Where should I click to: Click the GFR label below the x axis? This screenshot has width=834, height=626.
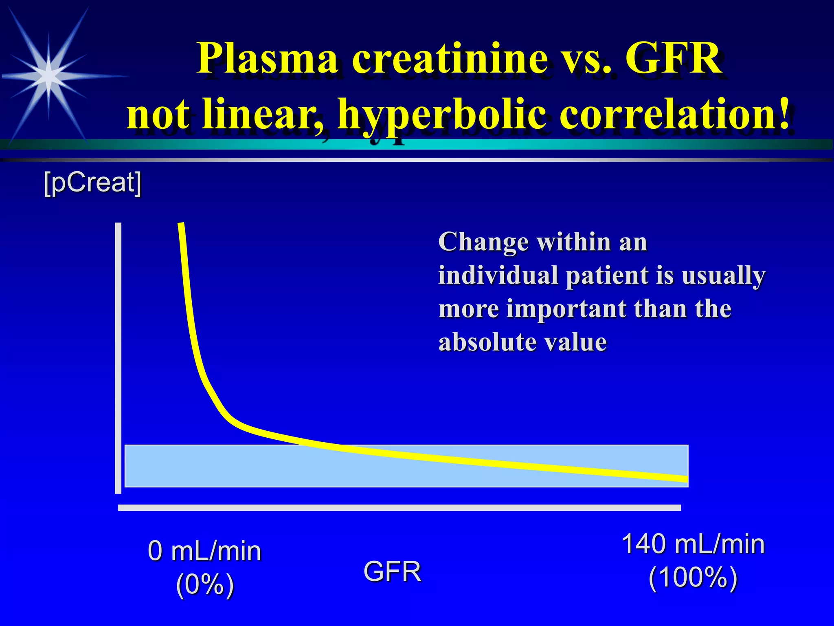pos(392,571)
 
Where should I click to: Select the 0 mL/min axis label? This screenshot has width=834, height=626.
pos(204,551)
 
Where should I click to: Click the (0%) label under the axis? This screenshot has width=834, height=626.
pos(205,584)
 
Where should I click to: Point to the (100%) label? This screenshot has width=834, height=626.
pos(693,578)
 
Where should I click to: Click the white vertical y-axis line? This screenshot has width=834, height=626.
pos(118,359)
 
